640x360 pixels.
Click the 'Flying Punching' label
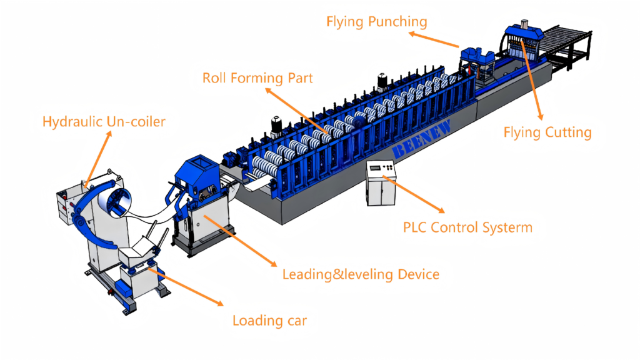pyautogui.click(x=377, y=22)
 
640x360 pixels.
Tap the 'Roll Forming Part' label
pyautogui.click(x=257, y=78)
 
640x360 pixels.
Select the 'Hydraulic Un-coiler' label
pyautogui.click(x=104, y=121)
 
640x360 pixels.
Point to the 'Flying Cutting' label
pyautogui.click(x=547, y=132)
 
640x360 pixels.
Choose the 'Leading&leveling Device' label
pyautogui.click(x=361, y=274)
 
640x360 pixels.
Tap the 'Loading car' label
pyautogui.click(x=269, y=321)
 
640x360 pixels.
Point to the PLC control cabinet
pyautogui.click(x=382, y=184)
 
